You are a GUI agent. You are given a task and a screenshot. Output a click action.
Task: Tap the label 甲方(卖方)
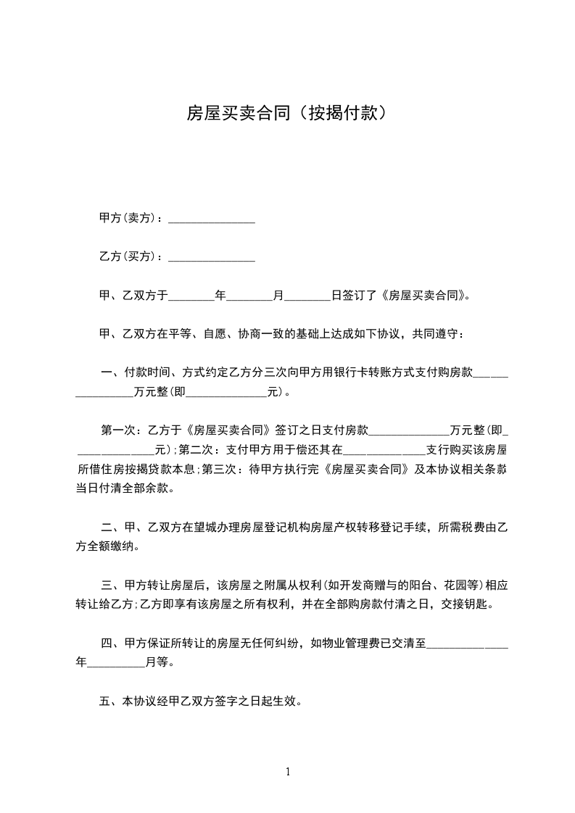pos(128,218)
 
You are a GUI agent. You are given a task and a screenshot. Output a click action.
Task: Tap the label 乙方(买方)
pos(128,257)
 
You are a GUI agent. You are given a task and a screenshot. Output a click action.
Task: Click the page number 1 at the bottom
pos(288,772)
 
